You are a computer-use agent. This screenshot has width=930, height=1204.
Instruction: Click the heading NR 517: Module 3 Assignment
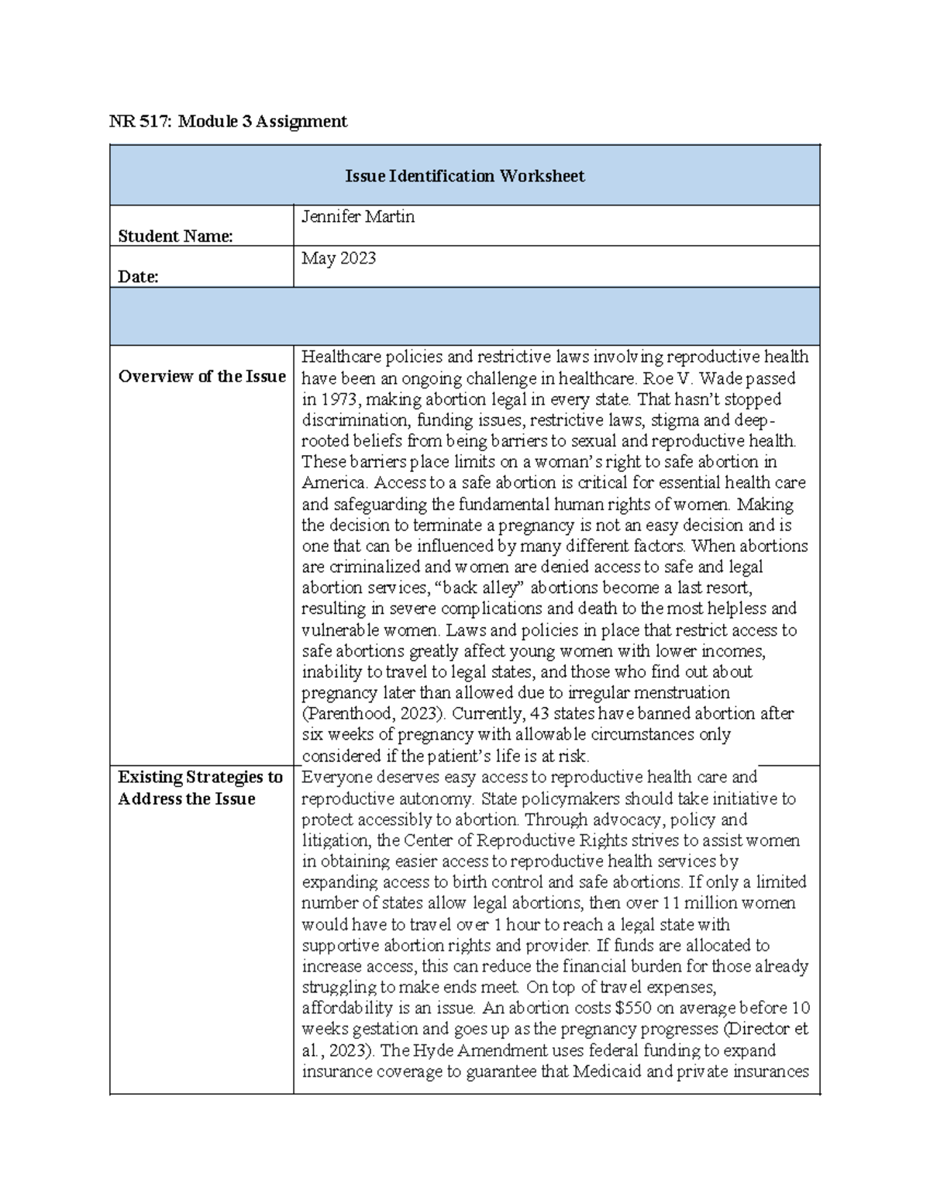coord(228,122)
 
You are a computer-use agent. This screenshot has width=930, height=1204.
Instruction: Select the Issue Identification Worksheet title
coord(464,176)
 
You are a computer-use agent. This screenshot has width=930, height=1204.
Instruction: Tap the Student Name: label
coord(175,236)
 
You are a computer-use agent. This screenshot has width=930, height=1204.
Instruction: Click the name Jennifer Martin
coord(358,217)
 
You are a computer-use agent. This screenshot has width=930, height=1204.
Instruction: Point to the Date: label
coord(139,277)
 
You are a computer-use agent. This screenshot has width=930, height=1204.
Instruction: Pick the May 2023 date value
coord(339,258)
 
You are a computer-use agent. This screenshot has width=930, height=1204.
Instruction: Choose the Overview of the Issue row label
coord(201,377)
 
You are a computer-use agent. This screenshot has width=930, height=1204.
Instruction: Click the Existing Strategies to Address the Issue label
coord(200,788)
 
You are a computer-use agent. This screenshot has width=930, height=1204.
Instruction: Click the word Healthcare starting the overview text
coord(340,357)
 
